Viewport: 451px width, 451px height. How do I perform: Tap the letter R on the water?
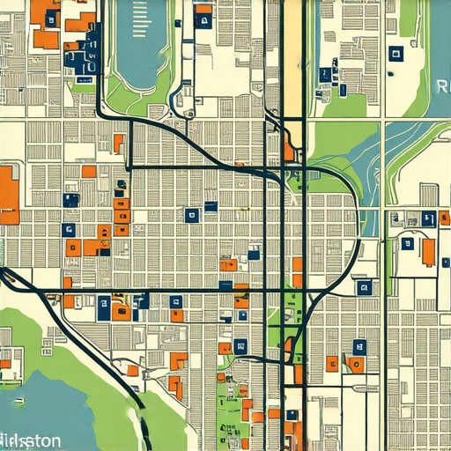pos(442,86)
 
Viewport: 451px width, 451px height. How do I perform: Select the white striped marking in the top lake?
pos(140,19)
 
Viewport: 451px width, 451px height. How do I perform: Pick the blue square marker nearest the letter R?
pos(396,54)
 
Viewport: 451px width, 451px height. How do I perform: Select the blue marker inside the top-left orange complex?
pos(51,18)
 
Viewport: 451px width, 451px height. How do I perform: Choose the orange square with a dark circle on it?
pos(356,364)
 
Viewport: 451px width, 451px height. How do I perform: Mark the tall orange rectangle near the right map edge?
pos(428,252)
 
